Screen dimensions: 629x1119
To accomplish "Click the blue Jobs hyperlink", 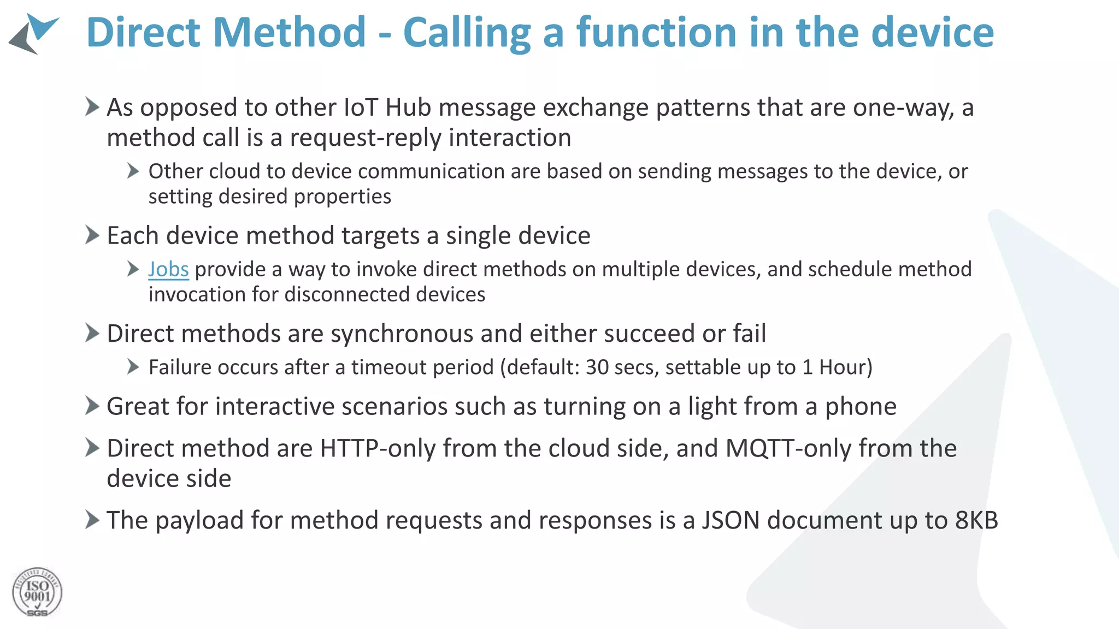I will (x=168, y=270).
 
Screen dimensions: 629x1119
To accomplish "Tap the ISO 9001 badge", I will (x=37, y=592).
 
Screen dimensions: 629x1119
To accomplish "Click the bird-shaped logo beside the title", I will (x=34, y=33).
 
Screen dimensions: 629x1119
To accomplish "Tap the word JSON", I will (x=731, y=520).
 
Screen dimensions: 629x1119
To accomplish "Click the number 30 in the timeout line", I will (x=597, y=367).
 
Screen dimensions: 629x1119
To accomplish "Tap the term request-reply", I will (x=365, y=138).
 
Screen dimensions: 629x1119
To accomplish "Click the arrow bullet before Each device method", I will (x=92, y=235).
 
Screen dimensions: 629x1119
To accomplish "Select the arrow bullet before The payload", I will (x=92, y=520).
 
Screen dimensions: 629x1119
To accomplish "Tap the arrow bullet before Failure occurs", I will (x=133, y=367).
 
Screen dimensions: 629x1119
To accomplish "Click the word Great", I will (x=137, y=407).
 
